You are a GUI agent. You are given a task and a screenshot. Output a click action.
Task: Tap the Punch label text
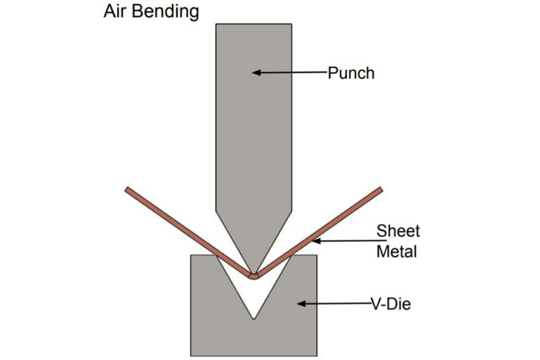tap(351, 73)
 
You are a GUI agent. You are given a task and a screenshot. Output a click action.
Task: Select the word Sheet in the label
tap(398, 231)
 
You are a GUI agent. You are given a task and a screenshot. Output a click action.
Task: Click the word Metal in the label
tap(397, 251)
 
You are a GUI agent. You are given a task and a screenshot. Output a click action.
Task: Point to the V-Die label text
tap(391, 304)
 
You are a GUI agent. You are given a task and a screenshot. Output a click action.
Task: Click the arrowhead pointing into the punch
tap(256, 72)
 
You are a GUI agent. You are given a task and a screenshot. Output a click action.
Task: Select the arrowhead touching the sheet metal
tap(316, 241)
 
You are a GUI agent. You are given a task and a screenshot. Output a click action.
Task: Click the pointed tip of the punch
tap(254, 274)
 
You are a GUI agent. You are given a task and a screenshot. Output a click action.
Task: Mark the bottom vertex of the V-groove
tap(254, 318)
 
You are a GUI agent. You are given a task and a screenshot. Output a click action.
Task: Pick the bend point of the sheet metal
tap(254, 276)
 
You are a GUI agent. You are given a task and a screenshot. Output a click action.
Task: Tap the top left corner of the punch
tap(216, 24)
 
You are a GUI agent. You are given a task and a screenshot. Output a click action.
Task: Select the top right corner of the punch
tap(292, 24)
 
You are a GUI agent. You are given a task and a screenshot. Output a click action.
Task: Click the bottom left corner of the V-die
tap(191, 355)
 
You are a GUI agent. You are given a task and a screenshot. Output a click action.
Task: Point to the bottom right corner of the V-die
tap(317, 355)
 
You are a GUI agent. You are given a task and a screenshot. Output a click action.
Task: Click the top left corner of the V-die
tap(191, 256)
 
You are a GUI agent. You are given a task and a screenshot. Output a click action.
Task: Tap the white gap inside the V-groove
tap(254, 298)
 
